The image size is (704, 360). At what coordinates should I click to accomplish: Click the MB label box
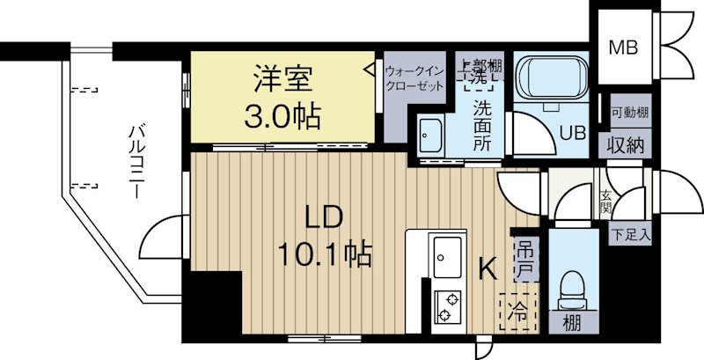click(623, 47)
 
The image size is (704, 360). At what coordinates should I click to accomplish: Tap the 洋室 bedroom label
click(282, 78)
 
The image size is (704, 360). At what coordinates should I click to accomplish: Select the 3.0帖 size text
click(282, 117)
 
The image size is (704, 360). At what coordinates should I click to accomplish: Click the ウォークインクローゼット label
click(414, 78)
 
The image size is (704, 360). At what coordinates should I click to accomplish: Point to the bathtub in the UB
click(551, 79)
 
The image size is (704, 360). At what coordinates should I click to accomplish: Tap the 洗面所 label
click(482, 125)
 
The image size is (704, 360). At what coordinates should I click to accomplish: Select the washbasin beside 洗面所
click(430, 134)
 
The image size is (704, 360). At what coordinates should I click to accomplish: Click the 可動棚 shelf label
click(630, 112)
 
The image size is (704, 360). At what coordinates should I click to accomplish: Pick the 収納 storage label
click(626, 145)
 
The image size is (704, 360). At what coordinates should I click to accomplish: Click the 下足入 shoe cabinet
click(630, 236)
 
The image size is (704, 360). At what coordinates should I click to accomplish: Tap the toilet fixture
click(571, 290)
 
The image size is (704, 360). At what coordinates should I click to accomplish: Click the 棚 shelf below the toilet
click(572, 323)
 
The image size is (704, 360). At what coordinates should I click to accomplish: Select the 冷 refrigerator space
click(518, 312)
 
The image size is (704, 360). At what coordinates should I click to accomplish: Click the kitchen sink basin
click(447, 257)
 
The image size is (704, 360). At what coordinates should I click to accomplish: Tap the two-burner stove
click(448, 306)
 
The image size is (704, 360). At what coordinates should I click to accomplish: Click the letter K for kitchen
click(488, 269)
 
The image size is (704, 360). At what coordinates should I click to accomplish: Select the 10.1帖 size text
click(325, 255)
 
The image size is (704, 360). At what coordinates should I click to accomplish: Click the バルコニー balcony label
click(136, 163)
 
